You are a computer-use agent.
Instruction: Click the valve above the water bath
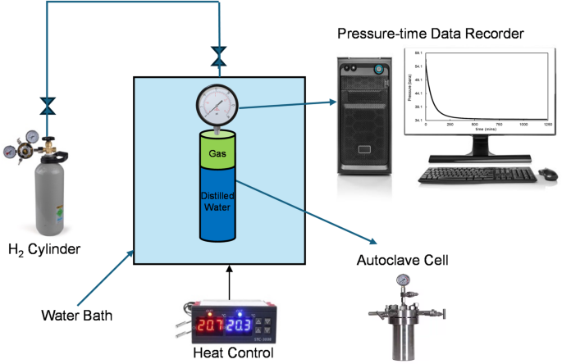[x=218, y=57]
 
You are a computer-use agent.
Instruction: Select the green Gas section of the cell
[x=219, y=152]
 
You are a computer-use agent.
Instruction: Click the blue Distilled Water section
[x=219, y=205]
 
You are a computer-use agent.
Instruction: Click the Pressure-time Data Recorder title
[x=431, y=33]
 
